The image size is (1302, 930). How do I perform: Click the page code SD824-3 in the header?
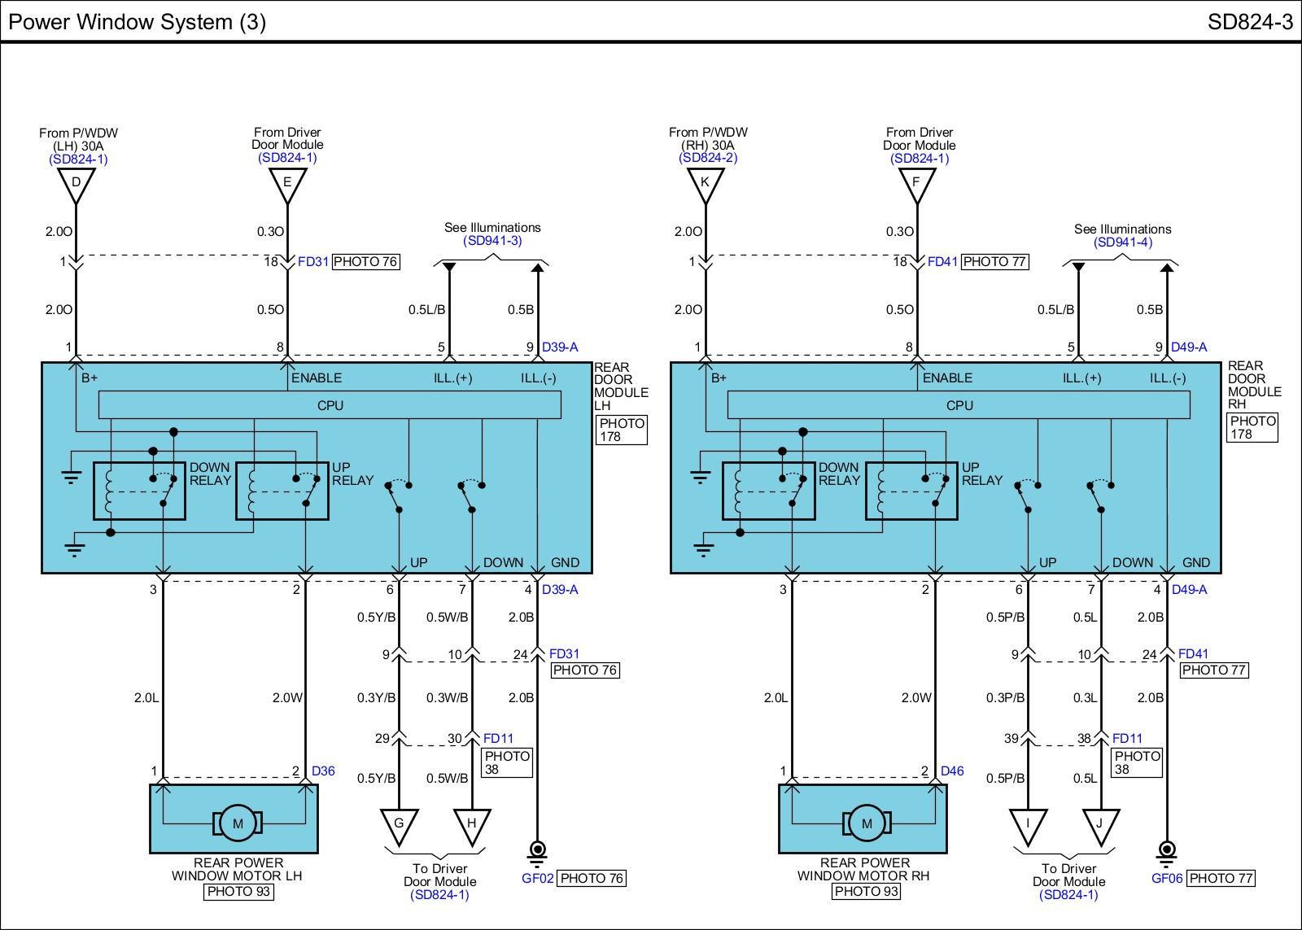(1249, 22)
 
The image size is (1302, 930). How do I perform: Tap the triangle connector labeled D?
(76, 183)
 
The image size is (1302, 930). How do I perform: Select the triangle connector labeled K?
(705, 183)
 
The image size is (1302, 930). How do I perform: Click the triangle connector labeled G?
(399, 823)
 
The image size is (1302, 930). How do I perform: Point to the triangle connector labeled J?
(1100, 823)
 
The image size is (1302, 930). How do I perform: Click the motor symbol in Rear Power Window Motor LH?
(238, 823)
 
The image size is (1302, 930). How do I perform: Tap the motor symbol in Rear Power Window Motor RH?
(867, 823)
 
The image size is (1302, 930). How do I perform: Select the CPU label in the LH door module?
(330, 405)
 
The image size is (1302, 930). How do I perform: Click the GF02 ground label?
(537, 879)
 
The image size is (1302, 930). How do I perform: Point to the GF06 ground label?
(1167, 879)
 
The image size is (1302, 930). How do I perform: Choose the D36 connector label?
(323, 771)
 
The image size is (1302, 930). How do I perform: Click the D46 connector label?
(952, 771)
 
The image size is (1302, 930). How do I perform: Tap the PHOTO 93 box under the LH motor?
(238, 892)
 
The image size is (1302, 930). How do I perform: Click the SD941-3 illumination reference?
(492, 241)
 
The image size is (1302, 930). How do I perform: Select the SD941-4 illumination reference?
(1123, 242)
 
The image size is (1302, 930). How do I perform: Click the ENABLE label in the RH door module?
(947, 378)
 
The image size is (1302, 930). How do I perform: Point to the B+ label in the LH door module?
(90, 378)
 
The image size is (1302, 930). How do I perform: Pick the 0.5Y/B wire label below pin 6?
(376, 618)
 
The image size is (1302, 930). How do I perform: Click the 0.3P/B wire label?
(1005, 698)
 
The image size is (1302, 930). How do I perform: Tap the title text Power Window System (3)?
(137, 22)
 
